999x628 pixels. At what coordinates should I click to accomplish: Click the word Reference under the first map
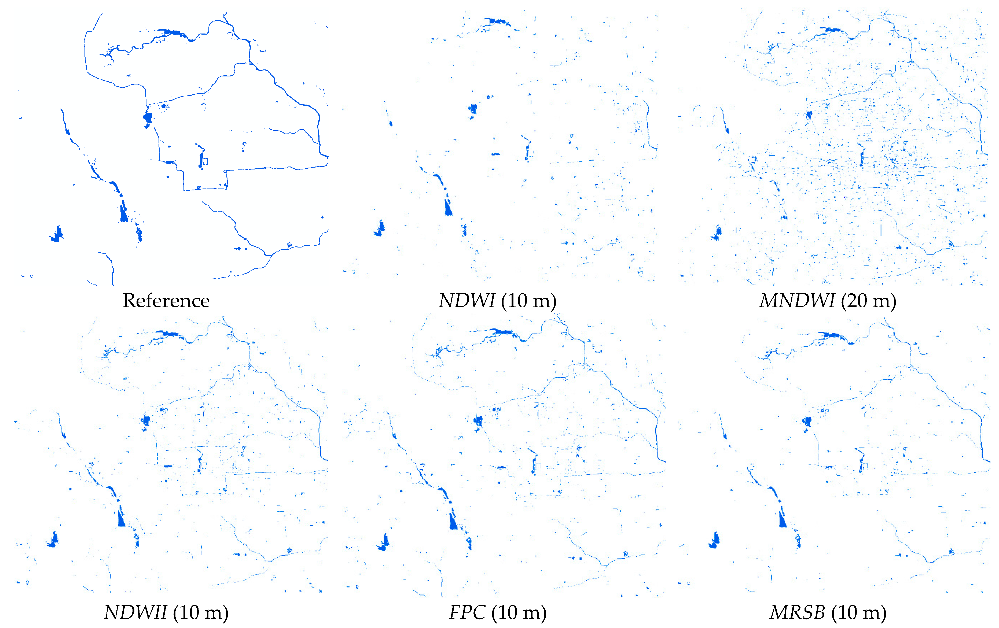[166, 300]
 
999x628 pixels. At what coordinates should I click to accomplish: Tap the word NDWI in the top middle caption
[467, 300]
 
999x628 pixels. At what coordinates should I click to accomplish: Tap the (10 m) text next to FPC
[519, 612]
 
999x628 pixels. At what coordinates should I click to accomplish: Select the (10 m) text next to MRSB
[859, 612]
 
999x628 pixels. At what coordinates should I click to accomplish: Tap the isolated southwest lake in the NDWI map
[380, 228]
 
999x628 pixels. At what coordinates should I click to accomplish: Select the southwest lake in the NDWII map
[53, 540]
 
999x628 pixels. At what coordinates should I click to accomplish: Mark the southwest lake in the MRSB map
[714, 541]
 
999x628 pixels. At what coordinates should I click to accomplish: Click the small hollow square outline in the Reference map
[205, 161]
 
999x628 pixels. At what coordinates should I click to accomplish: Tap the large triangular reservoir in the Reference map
[124, 213]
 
